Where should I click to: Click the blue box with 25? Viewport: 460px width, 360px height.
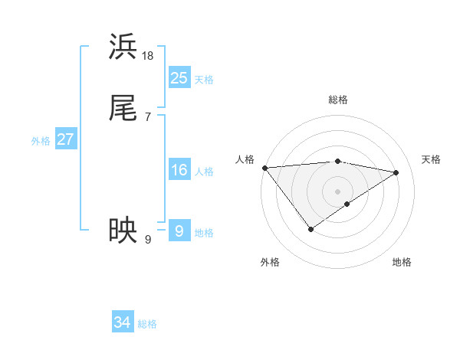tap(179, 77)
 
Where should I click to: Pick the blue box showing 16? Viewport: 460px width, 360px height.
tap(179, 170)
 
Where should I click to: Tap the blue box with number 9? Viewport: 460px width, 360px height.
tap(179, 231)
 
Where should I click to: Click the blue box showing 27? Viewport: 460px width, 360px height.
tap(65, 139)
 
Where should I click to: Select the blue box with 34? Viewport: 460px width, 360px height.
tap(123, 322)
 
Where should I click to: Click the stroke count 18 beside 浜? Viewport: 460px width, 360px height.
tap(148, 56)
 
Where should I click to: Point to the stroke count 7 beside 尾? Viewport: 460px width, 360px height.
tap(148, 116)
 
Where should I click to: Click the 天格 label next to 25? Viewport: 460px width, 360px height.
tap(204, 80)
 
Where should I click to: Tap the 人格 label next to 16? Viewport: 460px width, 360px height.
tap(204, 172)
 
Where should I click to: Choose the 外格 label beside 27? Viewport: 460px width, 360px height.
tap(41, 141)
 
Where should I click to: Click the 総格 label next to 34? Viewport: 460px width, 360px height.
tap(147, 325)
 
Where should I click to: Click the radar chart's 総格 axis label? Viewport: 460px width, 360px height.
tap(337, 100)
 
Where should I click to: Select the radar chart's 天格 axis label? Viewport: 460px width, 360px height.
tap(432, 159)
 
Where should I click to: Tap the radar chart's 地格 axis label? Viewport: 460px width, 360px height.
tap(402, 262)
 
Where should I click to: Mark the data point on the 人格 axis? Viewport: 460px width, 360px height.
tap(264, 168)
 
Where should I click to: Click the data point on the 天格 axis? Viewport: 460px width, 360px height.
tap(396, 172)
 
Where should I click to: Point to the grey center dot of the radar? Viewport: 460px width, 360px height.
tap(337, 191)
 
